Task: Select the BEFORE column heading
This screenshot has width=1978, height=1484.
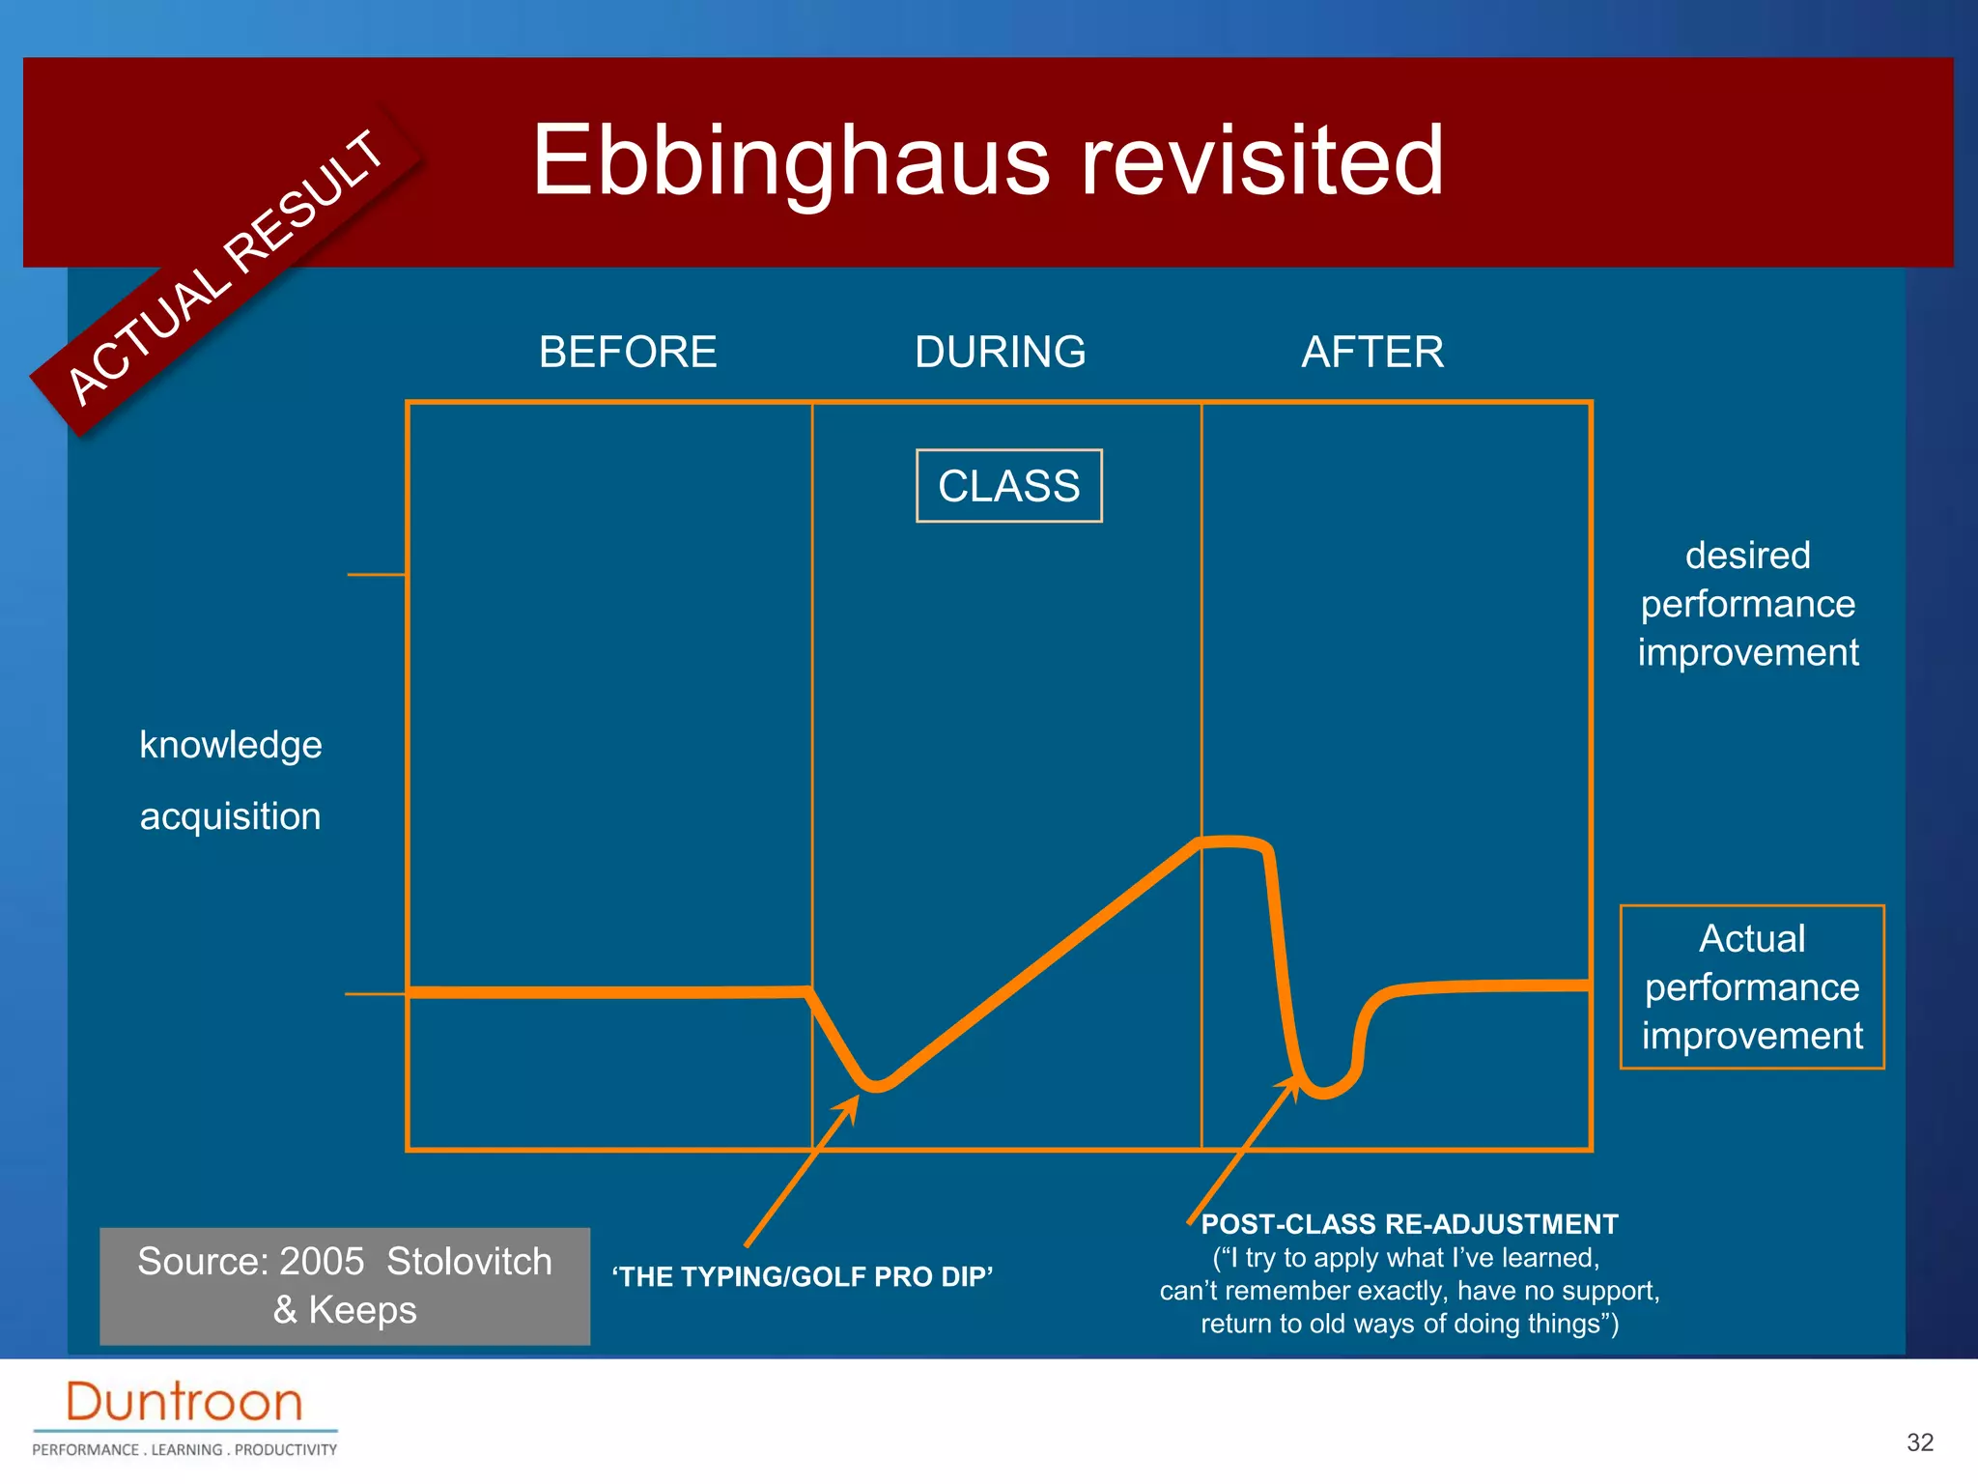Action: click(x=628, y=352)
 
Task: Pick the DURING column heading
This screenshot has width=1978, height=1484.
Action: click(x=1000, y=352)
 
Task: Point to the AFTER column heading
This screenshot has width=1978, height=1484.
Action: click(x=1371, y=352)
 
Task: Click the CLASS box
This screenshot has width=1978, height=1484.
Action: click(x=1008, y=486)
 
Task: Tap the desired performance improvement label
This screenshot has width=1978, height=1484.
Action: click(x=1747, y=604)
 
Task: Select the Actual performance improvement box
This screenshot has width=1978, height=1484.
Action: click(x=1751, y=986)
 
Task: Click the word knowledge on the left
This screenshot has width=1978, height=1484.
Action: click(x=231, y=745)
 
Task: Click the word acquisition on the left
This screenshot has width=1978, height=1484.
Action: click(x=230, y=816)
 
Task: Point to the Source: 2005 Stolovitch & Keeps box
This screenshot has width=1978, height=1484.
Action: click(x=345, y=1286)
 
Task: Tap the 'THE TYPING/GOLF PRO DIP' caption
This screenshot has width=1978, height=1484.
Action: click(x=802, y=1276)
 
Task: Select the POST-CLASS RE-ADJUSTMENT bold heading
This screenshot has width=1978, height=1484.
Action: click(x=1409, y=1224)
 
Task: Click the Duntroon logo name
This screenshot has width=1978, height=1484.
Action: click(x=184, y=1402)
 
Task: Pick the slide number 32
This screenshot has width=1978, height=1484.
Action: click(x=1919, y=1442)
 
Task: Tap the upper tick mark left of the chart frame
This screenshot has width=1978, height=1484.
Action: click(x=376, y=575)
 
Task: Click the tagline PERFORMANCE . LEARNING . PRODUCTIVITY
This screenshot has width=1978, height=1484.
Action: click(x=184, y=1449)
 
